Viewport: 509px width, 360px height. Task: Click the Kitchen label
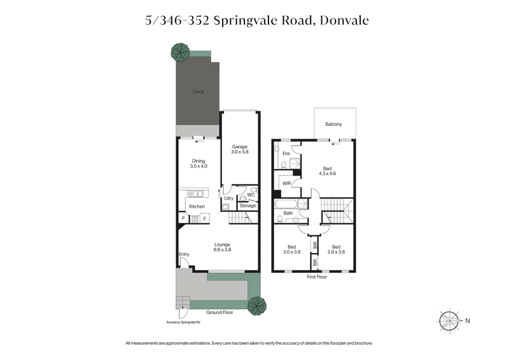[197, 207]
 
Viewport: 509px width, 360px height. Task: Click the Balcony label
[334, 124]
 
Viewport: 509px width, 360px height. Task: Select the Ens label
[286, 153]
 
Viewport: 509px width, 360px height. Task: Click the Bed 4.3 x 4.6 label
[327, 171]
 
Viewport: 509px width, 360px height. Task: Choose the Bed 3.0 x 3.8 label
[291, 249]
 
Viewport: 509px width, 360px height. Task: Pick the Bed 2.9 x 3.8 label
[335, 249]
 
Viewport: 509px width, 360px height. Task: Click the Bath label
[288, 213]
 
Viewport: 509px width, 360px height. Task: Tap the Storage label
[248, 205]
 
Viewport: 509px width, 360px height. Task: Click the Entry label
[184, 254]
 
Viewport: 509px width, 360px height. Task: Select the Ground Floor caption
[220, 313]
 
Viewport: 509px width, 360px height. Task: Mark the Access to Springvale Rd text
[183, 322]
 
